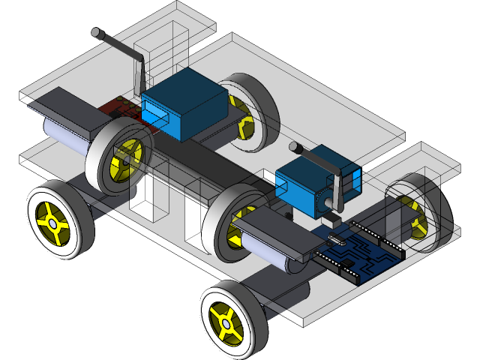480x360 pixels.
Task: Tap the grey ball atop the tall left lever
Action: tap(97, 33)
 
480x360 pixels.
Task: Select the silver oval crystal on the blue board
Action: tap(333, 240)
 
